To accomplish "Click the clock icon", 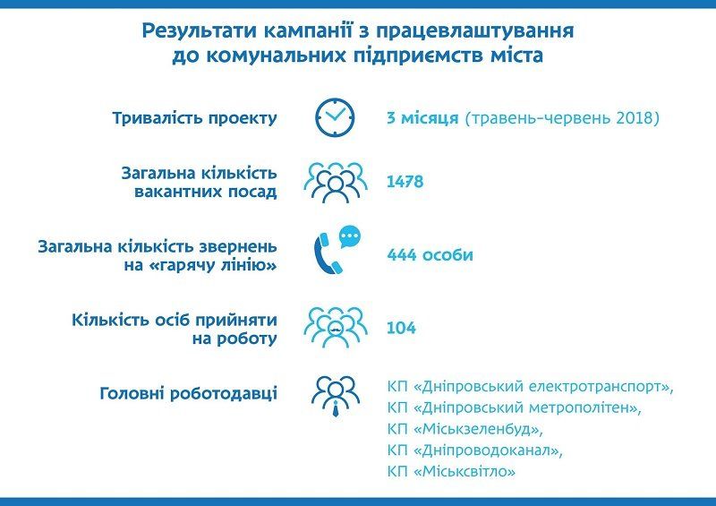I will click(x=335, y=117).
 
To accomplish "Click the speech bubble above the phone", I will click(x=350, y=237).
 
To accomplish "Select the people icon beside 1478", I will click(x=335, y=182).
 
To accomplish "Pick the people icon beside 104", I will click(x=335, y=328).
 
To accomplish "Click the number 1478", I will click(x=405, y=182).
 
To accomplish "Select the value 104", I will click(x=401, y=329).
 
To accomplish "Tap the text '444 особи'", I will click(x=430, y=255).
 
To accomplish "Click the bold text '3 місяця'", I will click(x=422, y=118).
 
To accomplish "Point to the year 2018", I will click(x=637, y=118).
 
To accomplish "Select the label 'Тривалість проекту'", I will click(x=194, y=118).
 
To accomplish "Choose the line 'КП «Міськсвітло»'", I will click(x=453, y=471).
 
